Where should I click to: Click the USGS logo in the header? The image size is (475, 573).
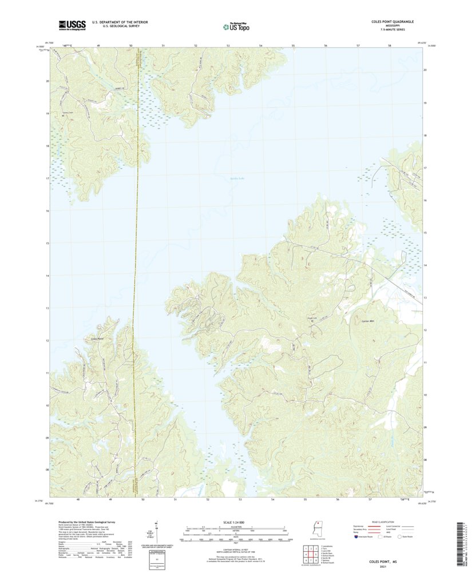[72, 25]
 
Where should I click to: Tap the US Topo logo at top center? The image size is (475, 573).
[236, 26]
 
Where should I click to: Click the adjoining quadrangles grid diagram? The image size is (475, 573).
[310, 552]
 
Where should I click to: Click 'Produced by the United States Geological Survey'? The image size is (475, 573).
[88, 522]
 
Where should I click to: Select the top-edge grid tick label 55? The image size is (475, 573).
[293, 45]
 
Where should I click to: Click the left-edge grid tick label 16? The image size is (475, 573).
[47, 211]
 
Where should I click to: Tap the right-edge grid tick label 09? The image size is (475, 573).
[425, 427]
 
